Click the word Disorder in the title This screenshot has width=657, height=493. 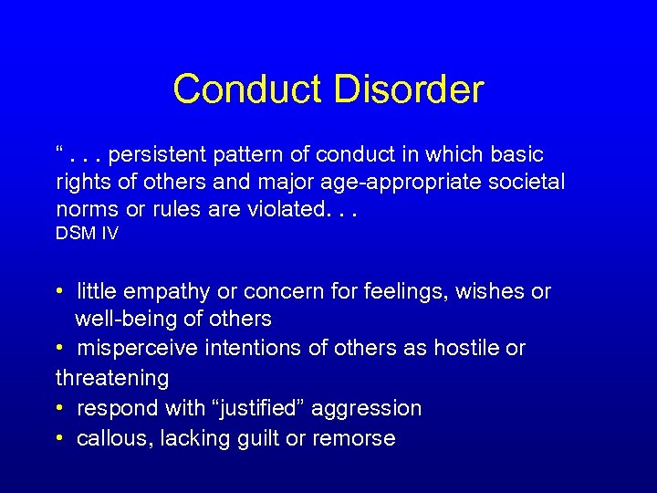tap(408, 89)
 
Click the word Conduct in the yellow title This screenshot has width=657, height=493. tap(247, 89)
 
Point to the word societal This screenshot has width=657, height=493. tap(528, 182)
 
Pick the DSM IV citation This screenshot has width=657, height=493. tap(88, 233)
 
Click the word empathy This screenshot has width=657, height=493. tap(161, 292)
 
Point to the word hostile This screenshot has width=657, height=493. tap(472, 348)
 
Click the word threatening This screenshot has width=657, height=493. tap(112, 377)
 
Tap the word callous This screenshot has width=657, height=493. tap(115, 438)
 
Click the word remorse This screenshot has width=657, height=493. tap(354, 438)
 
